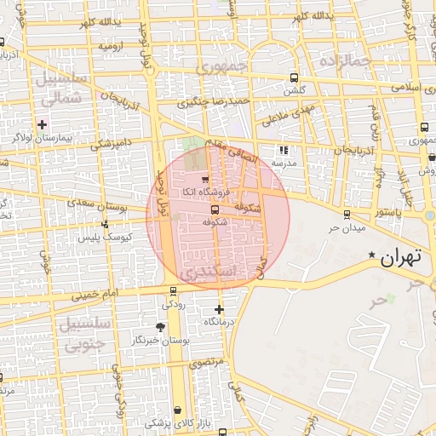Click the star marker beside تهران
click(370, 255)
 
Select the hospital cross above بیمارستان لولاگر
click(43, 124)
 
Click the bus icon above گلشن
click(294, 77)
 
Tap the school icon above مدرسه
click(283, 150)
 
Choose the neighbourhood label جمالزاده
click(347, 61)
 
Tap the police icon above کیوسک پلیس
click(104, 225)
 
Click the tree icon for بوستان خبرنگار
click(160, 327)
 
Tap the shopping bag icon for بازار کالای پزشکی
click(177, 410)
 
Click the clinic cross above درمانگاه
click(219, 309)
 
